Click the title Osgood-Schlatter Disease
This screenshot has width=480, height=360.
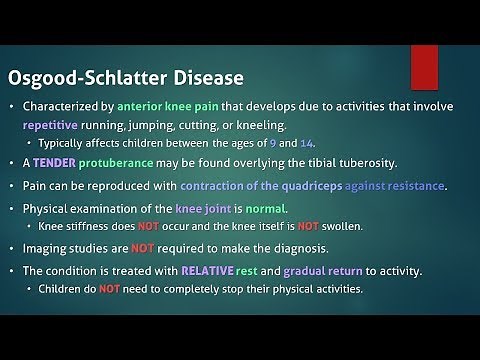tap(113, 77)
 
